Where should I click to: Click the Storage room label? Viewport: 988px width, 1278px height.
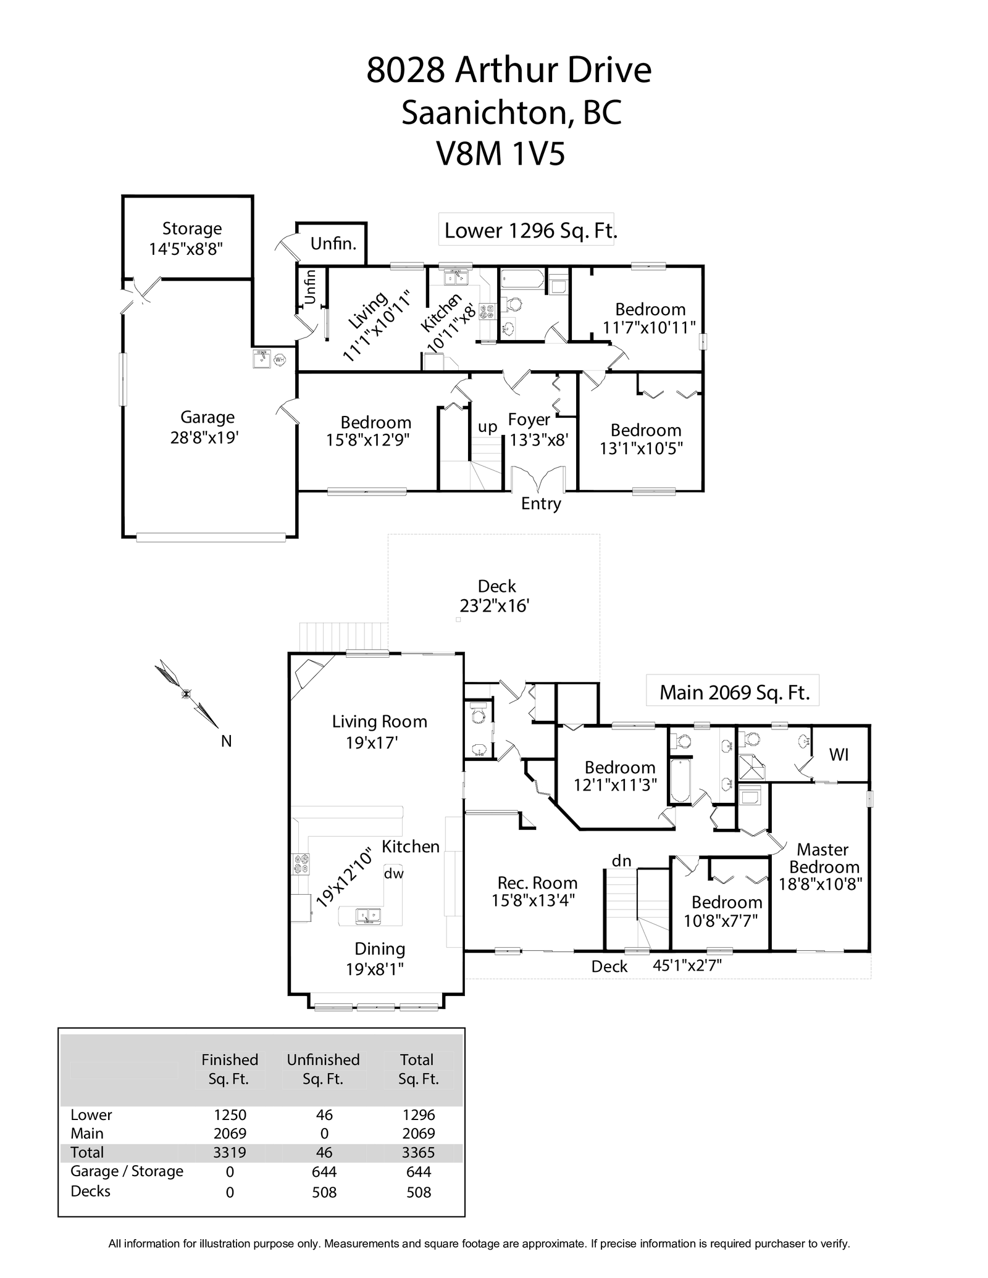(x=192, y=229)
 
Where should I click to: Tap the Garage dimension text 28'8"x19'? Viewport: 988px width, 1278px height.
(x=204, y=438)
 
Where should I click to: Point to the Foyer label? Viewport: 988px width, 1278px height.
(x=529, y=420)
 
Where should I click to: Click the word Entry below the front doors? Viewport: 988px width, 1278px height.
(x=541, y=504)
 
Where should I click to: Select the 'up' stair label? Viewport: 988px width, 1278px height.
(x=487, y=427)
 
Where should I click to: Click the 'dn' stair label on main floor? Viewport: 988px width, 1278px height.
(x=621, y=861)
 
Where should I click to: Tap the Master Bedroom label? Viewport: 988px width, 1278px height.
(x=824, y=858)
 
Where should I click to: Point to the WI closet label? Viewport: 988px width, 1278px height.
(x=839, y=755)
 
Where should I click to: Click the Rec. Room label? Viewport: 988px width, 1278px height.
(x=537, y=883)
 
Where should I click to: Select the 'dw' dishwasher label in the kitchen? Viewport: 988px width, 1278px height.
(x=393, y=873)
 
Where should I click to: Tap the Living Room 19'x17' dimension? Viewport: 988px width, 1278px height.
(x=371, y=742)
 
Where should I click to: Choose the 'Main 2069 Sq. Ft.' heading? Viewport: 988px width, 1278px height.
(x=734, y=692)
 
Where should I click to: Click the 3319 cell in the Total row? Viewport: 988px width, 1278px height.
(x=230, y=1153)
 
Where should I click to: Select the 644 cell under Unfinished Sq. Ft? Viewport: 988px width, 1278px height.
(x=324, y=1172)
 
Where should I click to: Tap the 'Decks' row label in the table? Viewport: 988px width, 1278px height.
(x=91, y=1191)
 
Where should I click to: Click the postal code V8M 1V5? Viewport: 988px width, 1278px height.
(x=501, y=154)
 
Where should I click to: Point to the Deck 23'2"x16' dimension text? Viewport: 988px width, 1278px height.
(x=495, y=606)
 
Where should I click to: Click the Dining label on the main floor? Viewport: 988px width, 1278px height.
(x=379, y=949)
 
